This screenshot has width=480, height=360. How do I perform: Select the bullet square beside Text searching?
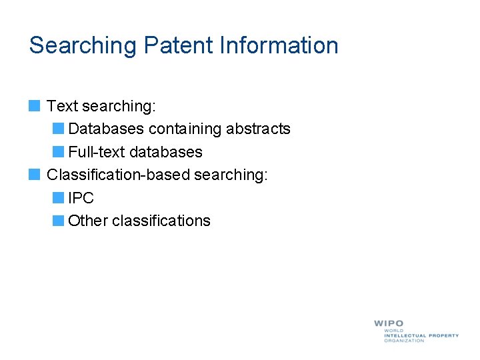35,106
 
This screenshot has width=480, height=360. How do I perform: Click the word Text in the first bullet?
63,106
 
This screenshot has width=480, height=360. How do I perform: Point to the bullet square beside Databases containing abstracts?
58,129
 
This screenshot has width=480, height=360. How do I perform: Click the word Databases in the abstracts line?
106,129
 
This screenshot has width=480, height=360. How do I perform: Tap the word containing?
185,129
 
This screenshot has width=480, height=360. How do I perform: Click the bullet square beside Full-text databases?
58,152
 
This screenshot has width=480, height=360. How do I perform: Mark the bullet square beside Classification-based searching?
35,175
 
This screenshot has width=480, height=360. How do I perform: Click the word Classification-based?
118,175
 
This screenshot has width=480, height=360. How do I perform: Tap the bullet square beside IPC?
58,198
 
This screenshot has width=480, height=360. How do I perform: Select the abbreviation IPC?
81,198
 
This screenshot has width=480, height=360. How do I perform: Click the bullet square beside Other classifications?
58,221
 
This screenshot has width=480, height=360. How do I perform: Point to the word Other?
88,221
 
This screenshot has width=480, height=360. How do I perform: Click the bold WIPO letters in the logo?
389,324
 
